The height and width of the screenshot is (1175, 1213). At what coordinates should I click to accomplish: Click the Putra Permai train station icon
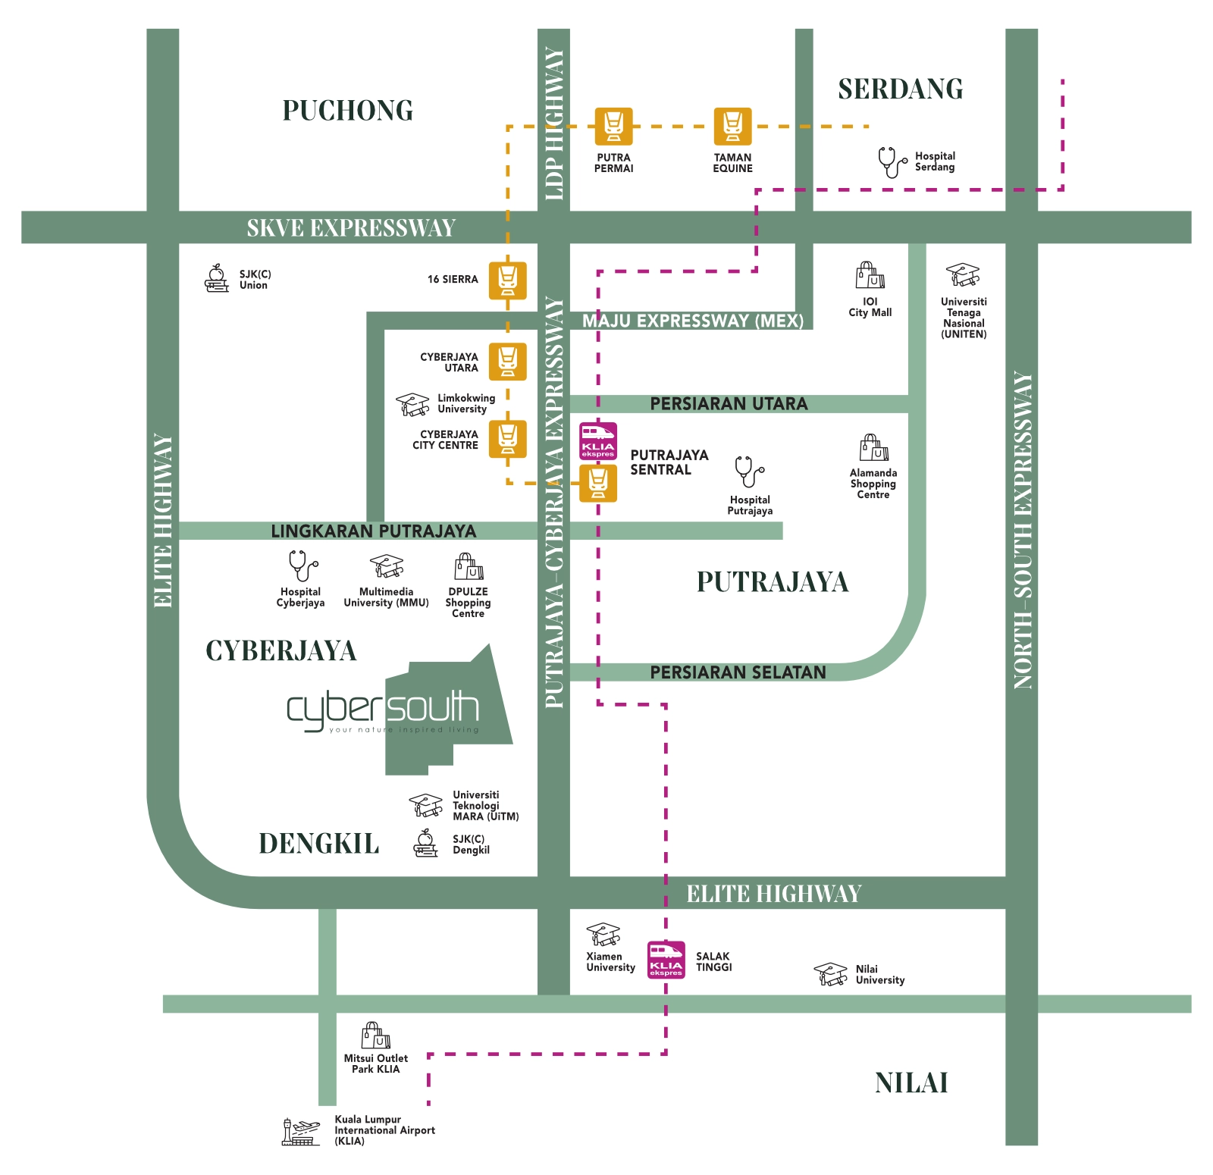(x=613, y=126)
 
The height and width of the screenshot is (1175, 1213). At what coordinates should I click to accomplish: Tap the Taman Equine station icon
(x=732, y=126)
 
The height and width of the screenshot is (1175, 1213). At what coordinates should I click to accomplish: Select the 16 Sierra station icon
(x=507, y=280)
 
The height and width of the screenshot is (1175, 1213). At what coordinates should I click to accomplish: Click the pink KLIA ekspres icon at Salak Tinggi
(x=666, y=960)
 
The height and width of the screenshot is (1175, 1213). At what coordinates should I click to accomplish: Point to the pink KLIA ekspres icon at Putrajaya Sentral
(x=598, y=441)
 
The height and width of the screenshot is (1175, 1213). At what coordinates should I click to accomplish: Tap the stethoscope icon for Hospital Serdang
(x=892, y=161)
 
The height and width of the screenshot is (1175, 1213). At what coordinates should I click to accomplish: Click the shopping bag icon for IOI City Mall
(x=870, y=276)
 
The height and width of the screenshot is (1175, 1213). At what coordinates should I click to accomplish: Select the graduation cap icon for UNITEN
(x=963, y=274)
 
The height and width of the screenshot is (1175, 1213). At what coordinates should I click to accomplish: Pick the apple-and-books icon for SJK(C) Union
(x=217, y=279)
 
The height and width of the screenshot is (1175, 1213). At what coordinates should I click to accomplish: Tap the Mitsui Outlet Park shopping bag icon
(x=375, y=1035)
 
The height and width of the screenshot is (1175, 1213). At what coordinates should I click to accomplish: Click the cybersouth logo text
(x=383, y=709)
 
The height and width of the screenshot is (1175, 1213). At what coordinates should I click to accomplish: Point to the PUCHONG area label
(x=348, y=111)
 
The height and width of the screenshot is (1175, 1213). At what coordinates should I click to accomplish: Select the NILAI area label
(x=911, y=1083)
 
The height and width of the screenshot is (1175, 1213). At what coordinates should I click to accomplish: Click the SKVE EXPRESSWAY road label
(x=351, y=227)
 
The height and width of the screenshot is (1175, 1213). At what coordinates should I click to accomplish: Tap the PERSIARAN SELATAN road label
(x=738, y=672)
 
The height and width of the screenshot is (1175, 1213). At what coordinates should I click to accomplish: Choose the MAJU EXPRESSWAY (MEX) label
(x=693, y=321)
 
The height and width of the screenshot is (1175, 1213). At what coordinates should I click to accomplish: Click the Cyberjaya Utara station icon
(x=507, y=362)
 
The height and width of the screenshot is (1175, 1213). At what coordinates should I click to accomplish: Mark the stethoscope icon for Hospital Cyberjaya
(x=302, y=566)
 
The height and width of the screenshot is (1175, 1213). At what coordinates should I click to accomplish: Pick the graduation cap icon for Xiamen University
(x=603, y=934)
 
